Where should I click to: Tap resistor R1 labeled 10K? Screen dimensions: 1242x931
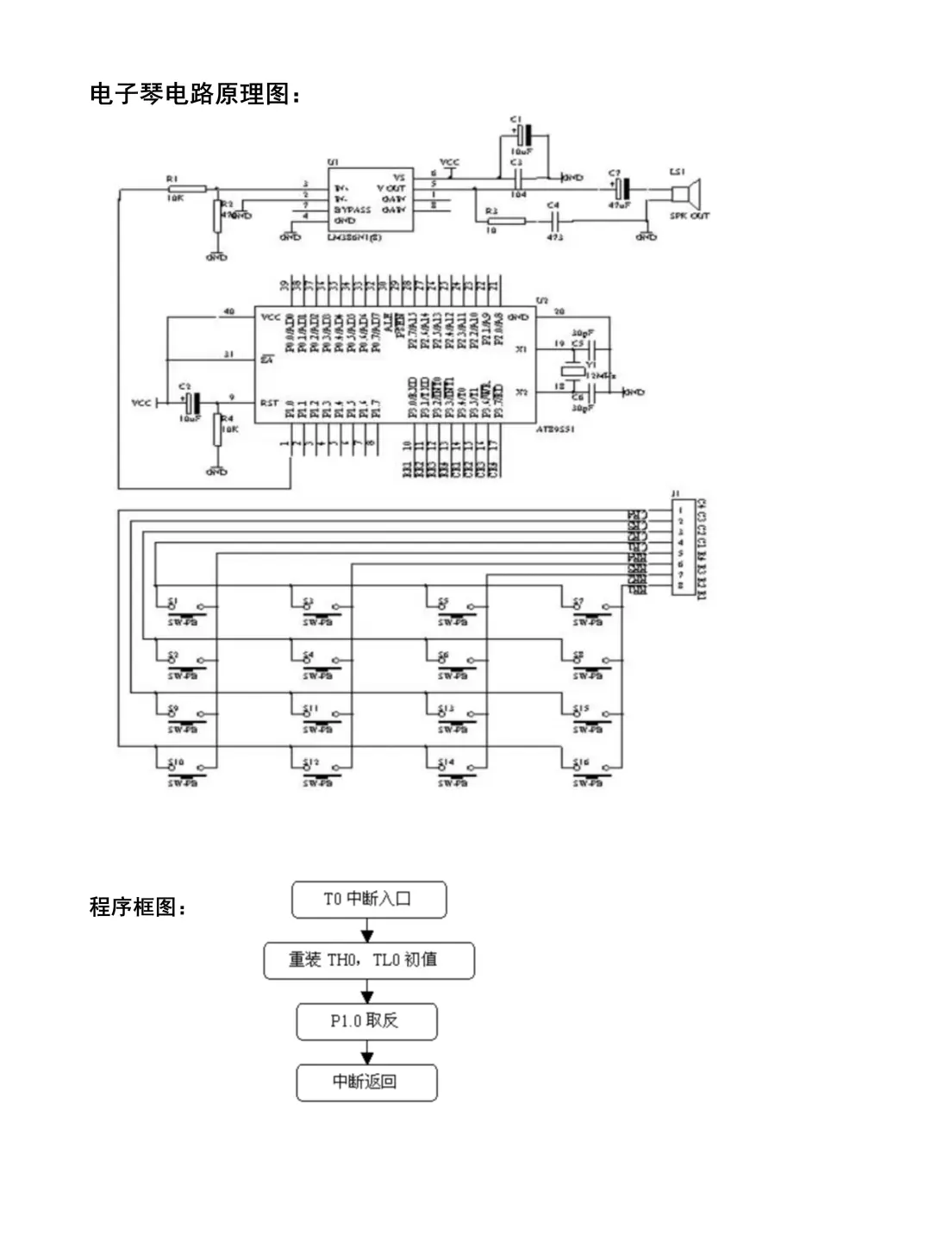186,188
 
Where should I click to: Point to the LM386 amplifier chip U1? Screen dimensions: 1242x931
370,199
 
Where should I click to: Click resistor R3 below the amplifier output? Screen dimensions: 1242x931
506,221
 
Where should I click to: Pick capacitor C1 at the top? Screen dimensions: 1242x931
523,135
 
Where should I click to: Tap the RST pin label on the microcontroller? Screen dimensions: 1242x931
269,403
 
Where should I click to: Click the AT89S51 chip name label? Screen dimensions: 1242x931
555,429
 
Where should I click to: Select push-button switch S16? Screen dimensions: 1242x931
591,768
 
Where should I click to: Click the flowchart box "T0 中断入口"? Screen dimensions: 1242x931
369,900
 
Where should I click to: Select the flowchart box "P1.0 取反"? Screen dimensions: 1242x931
366,1021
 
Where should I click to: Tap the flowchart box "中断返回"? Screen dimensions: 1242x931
366,1082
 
